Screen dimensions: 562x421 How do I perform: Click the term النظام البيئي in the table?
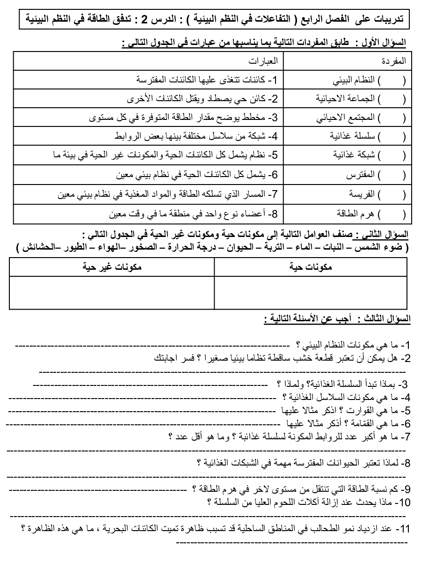tap(360, 80)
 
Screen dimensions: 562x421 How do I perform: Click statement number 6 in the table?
tap(196, 176)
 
